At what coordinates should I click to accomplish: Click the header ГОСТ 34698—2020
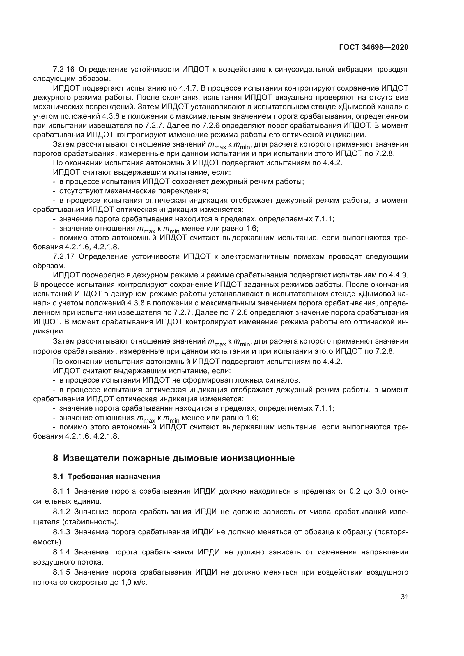point(373,47)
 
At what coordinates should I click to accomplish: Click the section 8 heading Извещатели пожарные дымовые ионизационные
point(174,458)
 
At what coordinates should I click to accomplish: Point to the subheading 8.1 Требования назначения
point(107,477)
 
